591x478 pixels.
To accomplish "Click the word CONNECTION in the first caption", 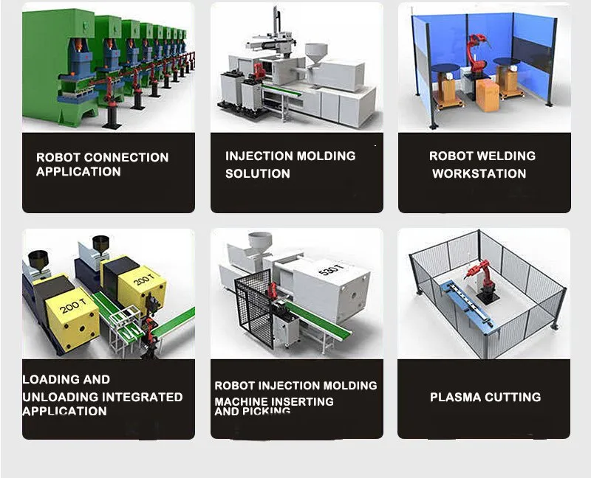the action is point(126,157).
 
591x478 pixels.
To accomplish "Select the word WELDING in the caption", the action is point(507,156).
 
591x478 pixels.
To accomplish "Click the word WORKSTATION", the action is point(479,173).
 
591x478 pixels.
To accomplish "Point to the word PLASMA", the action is point(455,397).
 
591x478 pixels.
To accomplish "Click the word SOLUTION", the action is point(258,173).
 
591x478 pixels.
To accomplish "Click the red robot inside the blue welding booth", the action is point(476,52).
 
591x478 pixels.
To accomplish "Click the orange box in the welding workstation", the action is point(488,95).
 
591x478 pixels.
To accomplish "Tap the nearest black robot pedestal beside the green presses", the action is point(112,117).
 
